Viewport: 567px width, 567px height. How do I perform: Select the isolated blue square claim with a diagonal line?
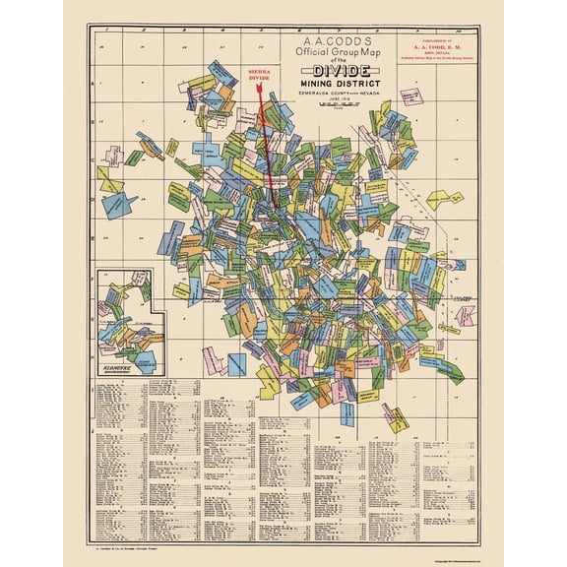[237, 363]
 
